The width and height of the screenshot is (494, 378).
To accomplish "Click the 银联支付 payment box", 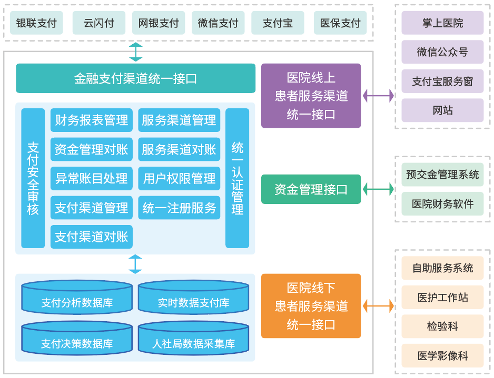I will click(36, 23).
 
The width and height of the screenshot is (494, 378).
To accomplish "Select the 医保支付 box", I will click(340, 23).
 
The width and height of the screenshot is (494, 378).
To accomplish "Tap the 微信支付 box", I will click(218, 23).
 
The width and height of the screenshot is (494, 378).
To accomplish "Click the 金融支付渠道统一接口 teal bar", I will click(135, 78).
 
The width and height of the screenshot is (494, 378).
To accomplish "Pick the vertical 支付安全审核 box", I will click(33, 178).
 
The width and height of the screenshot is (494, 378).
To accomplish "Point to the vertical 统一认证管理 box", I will click(237, 178).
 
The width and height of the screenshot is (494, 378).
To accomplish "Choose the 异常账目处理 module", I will click(92, 178).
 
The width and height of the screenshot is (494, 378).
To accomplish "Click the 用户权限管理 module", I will click(179, 178).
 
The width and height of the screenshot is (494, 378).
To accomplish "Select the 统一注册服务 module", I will click(179, 208).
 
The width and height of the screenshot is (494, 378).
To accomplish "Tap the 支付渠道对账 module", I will click(92, 237).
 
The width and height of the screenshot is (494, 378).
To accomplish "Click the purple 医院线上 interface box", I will click(311, 96).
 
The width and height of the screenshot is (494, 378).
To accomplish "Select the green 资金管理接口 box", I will click(311, 189).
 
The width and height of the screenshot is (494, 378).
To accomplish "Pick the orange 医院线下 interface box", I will click(311, 305).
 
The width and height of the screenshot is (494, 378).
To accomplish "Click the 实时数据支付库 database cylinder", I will click(193, 298).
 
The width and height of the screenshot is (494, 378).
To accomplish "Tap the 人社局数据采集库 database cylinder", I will click(193, 339).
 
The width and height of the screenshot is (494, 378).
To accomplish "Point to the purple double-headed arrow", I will click(378, 96).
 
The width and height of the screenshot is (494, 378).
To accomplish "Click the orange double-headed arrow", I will click(378, 305).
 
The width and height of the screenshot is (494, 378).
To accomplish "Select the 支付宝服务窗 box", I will click(442, 81).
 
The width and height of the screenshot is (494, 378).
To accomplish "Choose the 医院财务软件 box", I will click(442, 203).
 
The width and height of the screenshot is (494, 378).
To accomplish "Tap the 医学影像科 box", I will click(442, 355).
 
